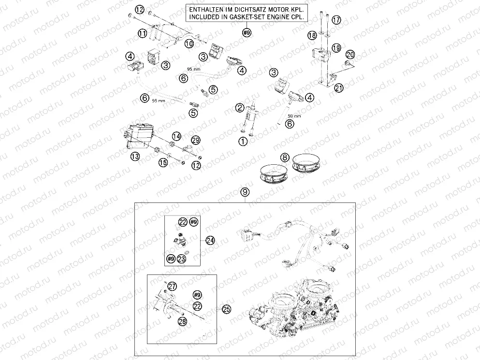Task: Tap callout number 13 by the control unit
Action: (135, 156)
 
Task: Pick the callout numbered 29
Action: (195, 140)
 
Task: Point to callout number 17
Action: (336, 20)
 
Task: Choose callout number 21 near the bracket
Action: (339, 87)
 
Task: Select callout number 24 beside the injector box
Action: (209, 240)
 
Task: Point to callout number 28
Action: (182, 320)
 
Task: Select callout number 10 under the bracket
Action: (189, 43)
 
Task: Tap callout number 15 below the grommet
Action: (163, 163)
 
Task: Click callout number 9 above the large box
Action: (246, 192)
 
